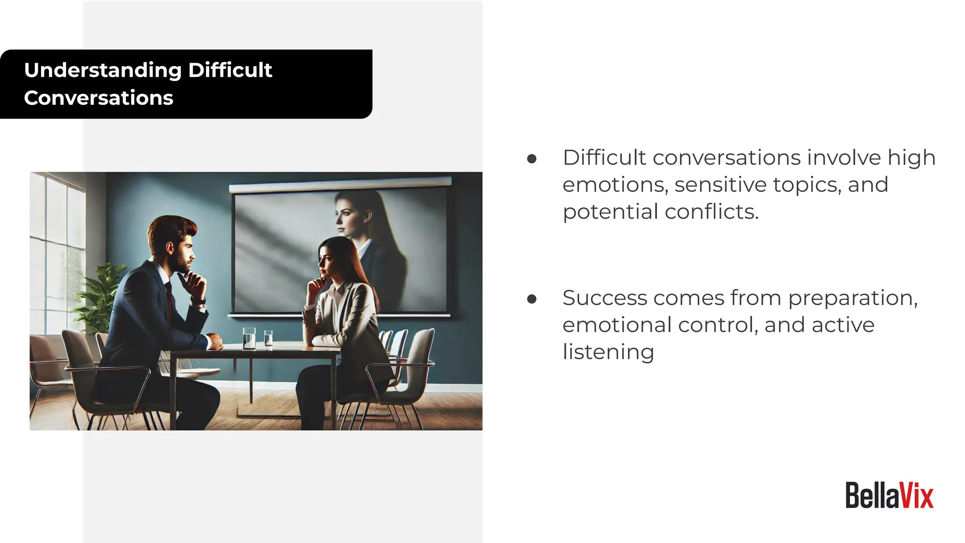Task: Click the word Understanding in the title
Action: (103, 70)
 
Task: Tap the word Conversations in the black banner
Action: (98, 98)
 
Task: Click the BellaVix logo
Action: (889, 496)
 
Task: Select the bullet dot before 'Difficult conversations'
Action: (532, 159)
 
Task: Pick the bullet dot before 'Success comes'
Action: (532, 299)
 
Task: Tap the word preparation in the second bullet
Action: (852, 298)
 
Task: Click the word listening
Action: (608, 352)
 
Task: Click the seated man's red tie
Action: (169, 302)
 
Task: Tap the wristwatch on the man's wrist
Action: (199, 301)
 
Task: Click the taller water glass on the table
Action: (249, 338)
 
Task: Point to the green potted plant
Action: (101, 292)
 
